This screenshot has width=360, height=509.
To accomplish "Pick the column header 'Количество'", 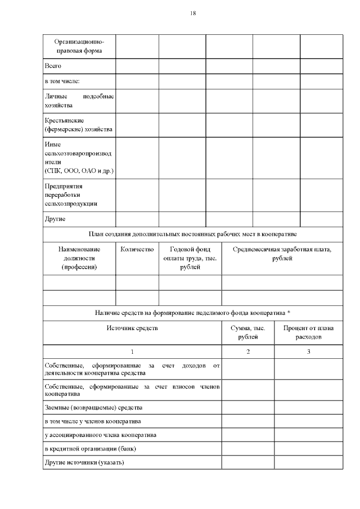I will coord(137,249).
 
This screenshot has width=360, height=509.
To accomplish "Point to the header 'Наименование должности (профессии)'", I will coord(79,258).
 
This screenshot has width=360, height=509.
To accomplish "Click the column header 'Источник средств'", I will coord(132,328).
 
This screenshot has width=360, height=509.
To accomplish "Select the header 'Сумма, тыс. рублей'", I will coord(247,332).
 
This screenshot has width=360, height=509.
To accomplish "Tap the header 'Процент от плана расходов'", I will coord(308,332).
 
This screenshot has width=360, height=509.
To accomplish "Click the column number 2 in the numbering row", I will coord(247,352).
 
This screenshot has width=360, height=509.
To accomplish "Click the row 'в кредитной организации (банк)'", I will coord(90,448).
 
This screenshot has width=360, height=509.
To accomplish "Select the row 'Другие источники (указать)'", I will coord(84,462).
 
